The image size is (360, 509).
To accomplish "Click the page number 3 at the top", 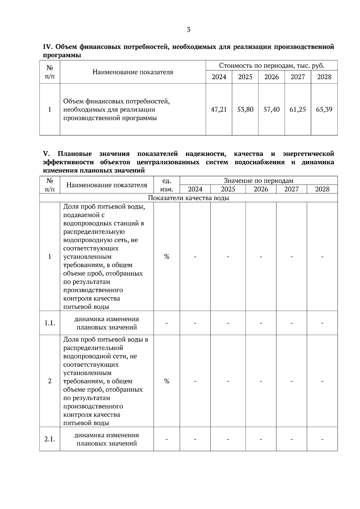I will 188,30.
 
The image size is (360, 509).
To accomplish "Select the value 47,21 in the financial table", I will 219,109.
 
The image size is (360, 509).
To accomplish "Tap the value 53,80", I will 245,109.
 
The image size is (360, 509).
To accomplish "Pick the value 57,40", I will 271,109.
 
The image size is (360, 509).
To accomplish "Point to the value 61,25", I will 298,109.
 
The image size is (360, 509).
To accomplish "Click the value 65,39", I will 324,109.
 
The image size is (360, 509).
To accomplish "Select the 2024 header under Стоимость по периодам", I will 219,77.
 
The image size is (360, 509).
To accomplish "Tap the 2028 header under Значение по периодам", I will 322,189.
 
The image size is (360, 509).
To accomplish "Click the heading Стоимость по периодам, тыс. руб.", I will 271,66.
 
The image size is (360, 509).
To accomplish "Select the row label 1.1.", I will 50,323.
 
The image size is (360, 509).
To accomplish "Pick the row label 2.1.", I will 50,439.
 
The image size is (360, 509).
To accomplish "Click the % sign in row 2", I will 166,381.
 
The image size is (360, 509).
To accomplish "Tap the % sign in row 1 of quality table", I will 166,257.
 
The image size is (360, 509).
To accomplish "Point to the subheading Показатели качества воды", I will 188,198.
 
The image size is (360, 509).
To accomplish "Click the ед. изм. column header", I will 166,185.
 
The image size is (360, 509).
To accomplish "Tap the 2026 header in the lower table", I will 261,189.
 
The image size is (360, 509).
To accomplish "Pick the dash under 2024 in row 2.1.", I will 195,439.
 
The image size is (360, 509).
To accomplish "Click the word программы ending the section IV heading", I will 62,55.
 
